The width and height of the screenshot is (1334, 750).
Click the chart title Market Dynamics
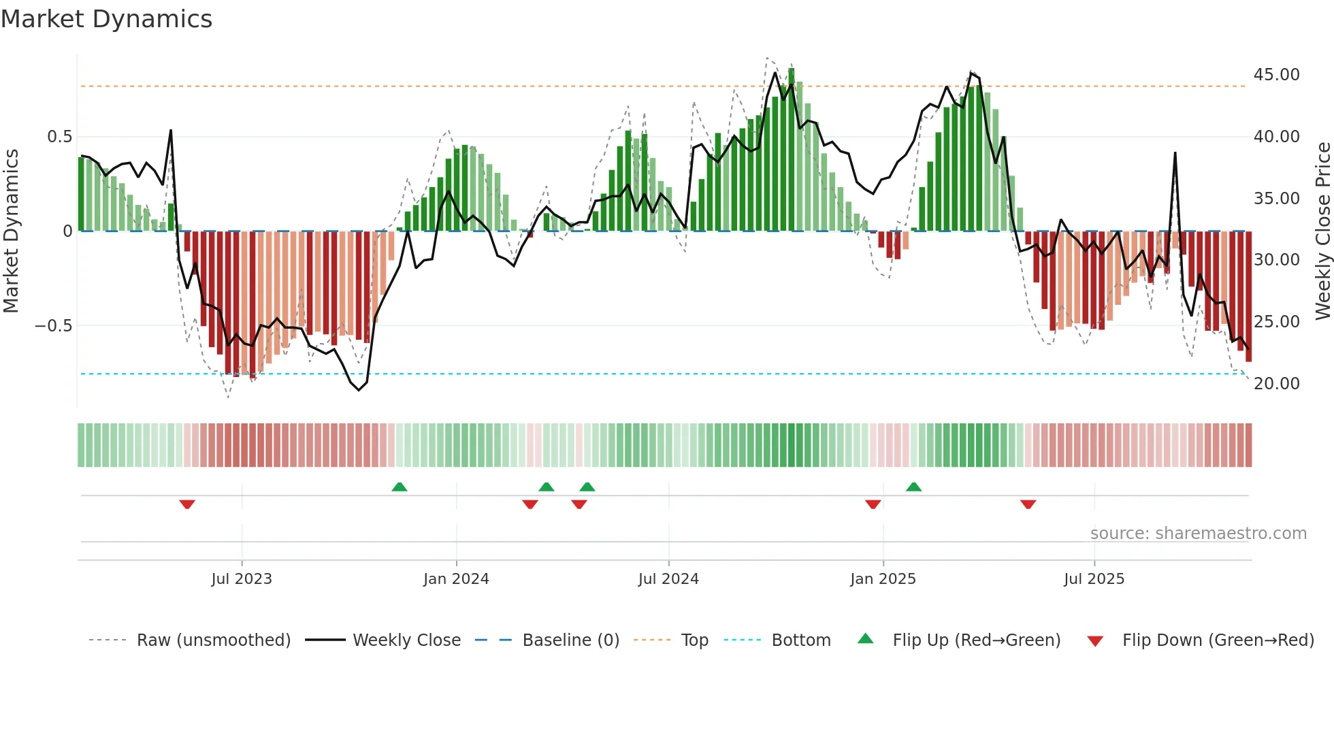pos(106,19)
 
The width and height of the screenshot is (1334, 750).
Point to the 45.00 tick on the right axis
pos(1276,74)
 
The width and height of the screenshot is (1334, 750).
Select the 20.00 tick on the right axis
pos(1276,383)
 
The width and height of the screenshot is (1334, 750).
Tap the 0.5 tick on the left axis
pos(59,136)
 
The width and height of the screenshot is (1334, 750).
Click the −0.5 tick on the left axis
pos(54,325)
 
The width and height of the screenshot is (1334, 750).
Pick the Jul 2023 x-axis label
pos(242,578)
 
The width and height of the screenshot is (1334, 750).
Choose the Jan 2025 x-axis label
pos(883,578)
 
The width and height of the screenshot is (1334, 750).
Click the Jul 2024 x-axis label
pos(668,578)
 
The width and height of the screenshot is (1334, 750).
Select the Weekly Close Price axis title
pos(1322,231)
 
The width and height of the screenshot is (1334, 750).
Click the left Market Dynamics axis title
pos(11,231)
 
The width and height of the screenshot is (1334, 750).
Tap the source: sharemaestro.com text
pos(1198,533)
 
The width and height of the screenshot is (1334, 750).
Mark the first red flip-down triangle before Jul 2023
pos(187,504)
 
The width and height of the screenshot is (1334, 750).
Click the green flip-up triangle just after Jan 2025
pos(914,487)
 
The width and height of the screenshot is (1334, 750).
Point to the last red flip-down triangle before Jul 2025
pos(1028,504)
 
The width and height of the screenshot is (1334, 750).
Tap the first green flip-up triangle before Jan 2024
pos(400,487)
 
